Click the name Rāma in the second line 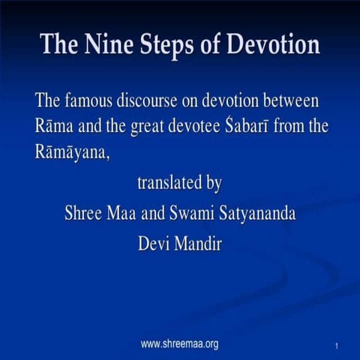55,127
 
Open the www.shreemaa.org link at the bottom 180,344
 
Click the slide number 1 339,346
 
